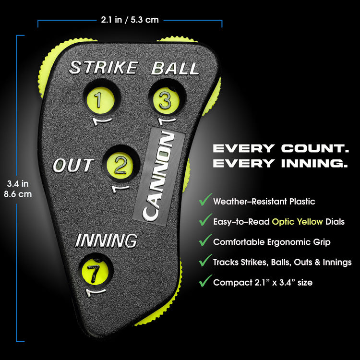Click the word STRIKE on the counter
tap(103, 68)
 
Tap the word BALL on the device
tap(175, 68)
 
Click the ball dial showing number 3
tap(165, 100)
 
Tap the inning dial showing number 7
tap(92, 272)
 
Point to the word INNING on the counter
tap(107, 240)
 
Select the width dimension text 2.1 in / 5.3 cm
tap(130, 20)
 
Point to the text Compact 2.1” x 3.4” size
tap(263, 283)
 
